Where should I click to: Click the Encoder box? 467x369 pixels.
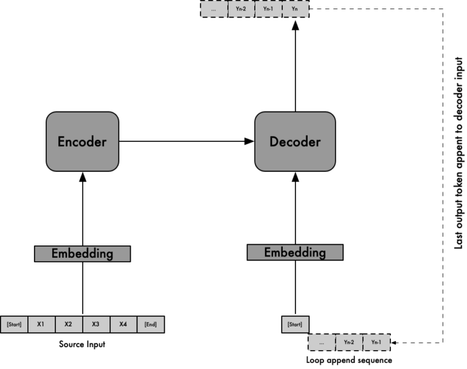[82, 142]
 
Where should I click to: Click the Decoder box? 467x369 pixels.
[295, 142]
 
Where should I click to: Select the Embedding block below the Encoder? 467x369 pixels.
[82, 253]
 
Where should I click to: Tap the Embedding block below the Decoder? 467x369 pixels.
[295, 252]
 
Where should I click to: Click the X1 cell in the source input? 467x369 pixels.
[41, 324]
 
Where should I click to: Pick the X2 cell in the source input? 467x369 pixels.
[68, 324]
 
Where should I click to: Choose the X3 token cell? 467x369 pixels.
[95, 324]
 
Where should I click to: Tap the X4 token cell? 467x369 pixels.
[123, 324]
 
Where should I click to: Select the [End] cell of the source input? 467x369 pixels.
[151, 324]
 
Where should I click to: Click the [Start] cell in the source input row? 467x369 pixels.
[13, 324]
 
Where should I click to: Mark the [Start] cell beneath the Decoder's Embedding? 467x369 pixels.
[295, 323]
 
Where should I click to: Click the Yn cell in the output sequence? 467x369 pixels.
[296, 10]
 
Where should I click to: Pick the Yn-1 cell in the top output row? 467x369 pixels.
[268, 10]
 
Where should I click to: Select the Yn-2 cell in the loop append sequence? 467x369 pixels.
[348, 343]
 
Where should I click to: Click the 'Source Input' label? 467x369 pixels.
[82, 344]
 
